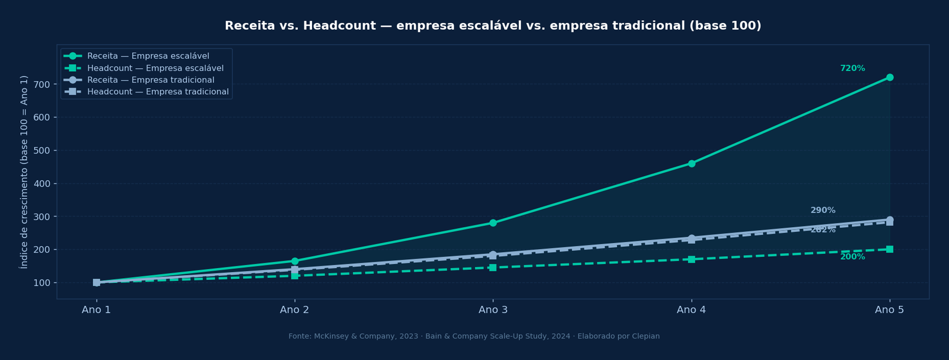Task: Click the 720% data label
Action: point(852,69)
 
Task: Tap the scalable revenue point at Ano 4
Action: point(692,164)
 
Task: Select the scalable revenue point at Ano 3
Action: point(493,223)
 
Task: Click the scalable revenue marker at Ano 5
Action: point(890,78)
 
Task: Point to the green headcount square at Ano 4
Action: point(692,259)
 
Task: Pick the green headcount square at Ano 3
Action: point(493,267)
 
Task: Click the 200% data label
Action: point(852,257)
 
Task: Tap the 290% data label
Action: point(823,211)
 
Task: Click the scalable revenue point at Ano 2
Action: point(295,261)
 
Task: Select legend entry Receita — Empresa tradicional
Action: point(151,80)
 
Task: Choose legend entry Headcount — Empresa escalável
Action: point(155,68)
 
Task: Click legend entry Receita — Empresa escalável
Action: point(148,56)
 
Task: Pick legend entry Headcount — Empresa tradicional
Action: point(158,92)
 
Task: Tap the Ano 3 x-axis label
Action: point(493,310)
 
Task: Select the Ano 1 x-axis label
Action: point(96,310)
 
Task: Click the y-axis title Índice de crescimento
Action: point(24,172)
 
